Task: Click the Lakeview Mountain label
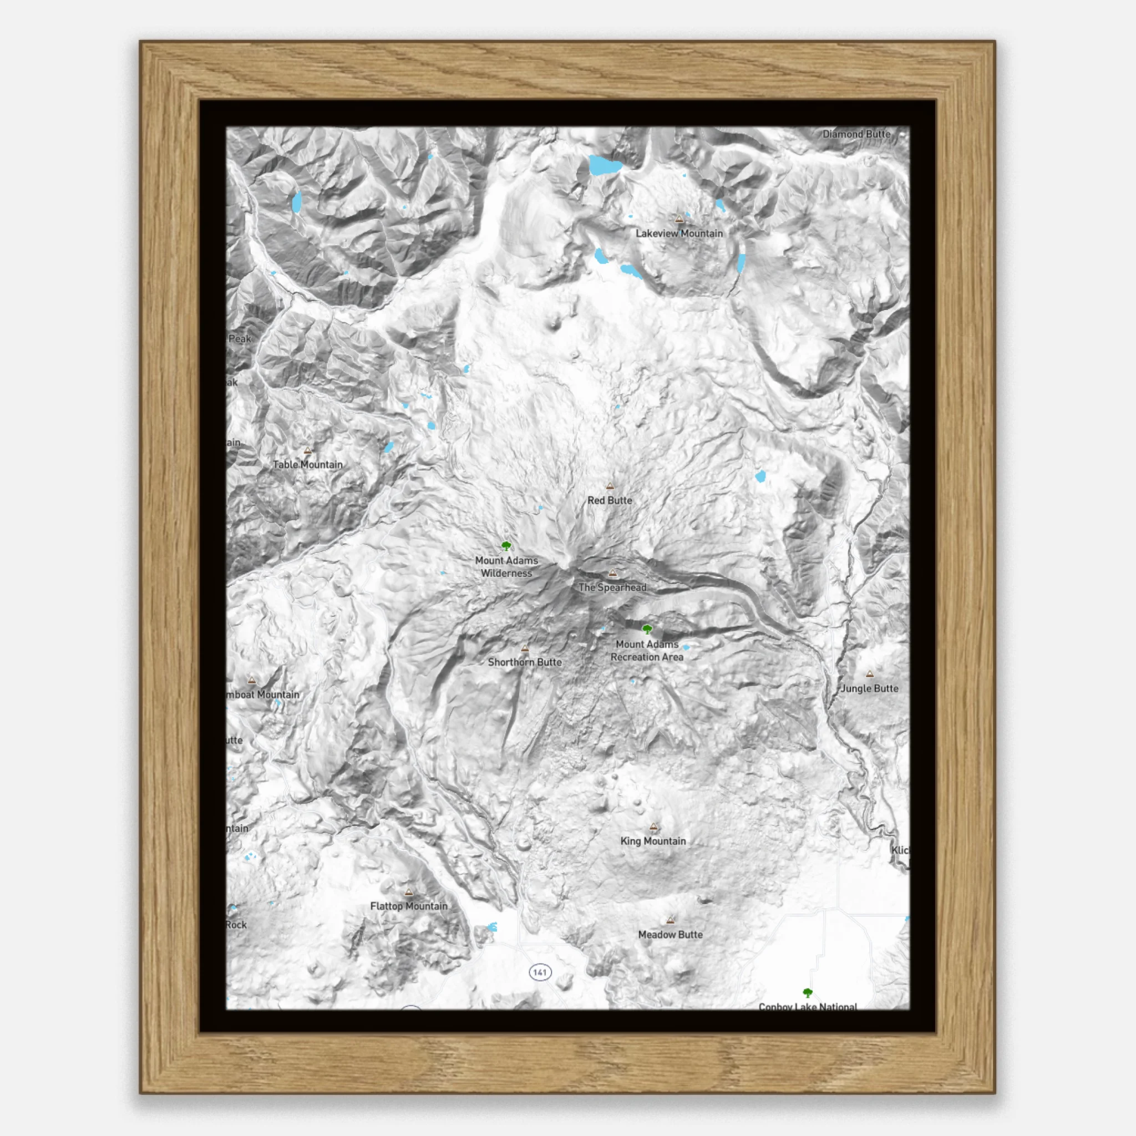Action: (x=679, y=234)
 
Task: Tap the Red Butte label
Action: (x=610, y=500)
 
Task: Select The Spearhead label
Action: (x=612, y=587)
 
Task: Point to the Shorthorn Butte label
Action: (x=525, y=662)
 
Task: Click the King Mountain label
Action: (x=653, y=841)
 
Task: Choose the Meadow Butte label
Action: (x=670, y=934)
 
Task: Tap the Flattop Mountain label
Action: (x=409, y=906)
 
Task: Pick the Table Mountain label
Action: (x=307, y=464)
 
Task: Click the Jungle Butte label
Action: (x=869, y=688)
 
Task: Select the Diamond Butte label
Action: (x=856, y=134)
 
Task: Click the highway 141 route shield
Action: (x=540, y=972)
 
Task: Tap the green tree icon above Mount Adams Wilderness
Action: (x=506, y=546)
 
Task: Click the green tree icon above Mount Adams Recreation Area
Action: (x=647, y=629)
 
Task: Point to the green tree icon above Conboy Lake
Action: (x=808, y=993)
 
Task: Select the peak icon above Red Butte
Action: (x=610, y=486)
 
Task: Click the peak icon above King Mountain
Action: (x=653, y=826)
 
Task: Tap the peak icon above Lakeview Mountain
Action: (x=679, y=219)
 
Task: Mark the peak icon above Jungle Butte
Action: (x=870, y=674)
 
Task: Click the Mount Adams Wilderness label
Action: (x=506, y=567)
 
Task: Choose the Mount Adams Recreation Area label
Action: (x=647, y=651)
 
